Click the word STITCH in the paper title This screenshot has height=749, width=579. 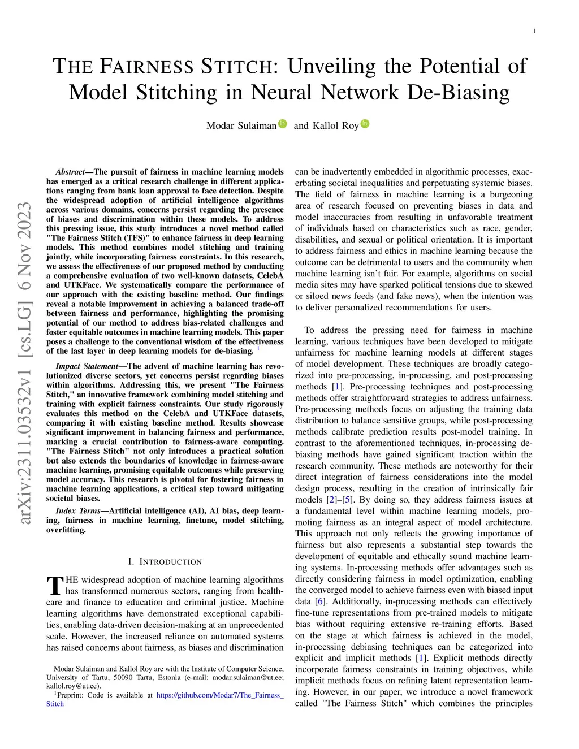[x=236, y=67]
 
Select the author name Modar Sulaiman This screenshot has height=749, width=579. [x=241, y=125]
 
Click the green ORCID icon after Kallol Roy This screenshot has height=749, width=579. [x=365, y=124]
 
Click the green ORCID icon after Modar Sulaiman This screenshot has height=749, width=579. [x=283, y=124]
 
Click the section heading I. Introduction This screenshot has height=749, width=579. [x=165, y=561]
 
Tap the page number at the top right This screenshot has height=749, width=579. [x=534, y=32]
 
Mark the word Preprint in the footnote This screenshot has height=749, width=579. [x=74, y=695]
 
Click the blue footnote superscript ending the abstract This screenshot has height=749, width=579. [x=258, y=349]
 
